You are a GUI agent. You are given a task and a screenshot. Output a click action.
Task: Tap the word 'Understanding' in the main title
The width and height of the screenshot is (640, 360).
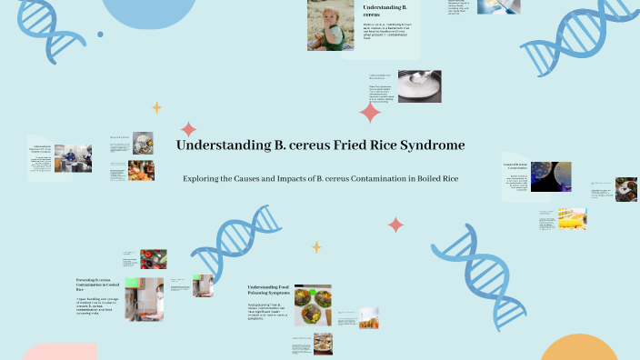click(x=218, y=145)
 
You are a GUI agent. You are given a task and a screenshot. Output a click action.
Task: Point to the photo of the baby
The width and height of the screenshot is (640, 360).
click(x=330, y=25)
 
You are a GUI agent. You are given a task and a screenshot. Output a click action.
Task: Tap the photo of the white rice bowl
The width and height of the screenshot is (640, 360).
click(x=419, y=85)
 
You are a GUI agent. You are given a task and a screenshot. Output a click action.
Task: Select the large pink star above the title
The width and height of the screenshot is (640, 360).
click(x=370, y=113)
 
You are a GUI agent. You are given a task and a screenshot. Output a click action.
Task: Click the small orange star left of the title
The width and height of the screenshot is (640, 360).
click(x=156, y=107)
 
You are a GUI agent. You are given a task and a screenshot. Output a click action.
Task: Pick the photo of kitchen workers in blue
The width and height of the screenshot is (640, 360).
click(x=72, y=158)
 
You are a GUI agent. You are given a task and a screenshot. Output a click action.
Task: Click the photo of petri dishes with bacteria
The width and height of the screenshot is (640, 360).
click(x=551, y=176)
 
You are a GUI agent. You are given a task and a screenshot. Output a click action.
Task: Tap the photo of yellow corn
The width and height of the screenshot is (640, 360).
click(x=572, y=219)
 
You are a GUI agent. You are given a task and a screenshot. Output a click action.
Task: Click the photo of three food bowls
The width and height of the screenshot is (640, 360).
click(x=312, y=305)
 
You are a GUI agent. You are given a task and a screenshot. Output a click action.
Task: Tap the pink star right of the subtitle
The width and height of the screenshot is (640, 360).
click(x=395, y=224)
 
